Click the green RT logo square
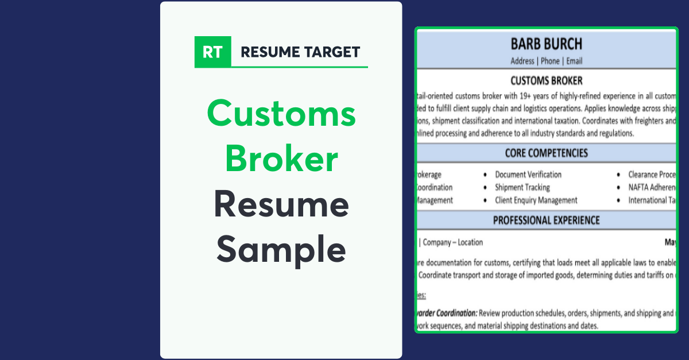click(x=212, y=52)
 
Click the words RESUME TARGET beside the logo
click(x=300, y=52)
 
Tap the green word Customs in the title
click(x=281, y=113)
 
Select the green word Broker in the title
click(x=281, y=158)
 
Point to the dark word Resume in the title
click(x=281, y=204)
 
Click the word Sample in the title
click(x=281, y=249)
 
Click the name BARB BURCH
click(x=546, y=44)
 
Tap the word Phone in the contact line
click(x=549, y=61)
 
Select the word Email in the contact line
click(x=574, y=61)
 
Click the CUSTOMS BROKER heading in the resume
click(x=546, y=81)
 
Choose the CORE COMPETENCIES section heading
click(x=546, y=153)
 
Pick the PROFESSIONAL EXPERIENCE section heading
click(x=546, y=220)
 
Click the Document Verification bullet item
click(x=528, y=175)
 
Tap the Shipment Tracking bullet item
click(x=522, y=187)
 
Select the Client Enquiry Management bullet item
click(x=536, y=200)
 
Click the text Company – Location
click(x=453, y=242)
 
